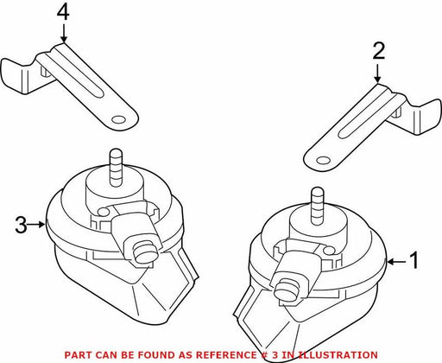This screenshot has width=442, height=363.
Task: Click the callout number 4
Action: (x=63, y=13)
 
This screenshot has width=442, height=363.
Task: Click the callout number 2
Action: (x=378, y=51)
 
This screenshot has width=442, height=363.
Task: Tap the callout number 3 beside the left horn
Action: (x=22, y=225)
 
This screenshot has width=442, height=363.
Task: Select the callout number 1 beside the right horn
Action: (x=414, y=260)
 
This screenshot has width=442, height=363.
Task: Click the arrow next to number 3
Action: (x=37, y=224)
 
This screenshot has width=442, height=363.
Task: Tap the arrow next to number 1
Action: (x=396, y=262)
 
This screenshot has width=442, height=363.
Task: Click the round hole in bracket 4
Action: (x=118, y=119)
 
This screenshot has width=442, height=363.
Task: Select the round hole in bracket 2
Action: (x=323, y=160)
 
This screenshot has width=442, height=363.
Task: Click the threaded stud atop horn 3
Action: (x=116, y=167)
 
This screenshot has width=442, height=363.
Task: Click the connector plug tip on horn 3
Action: (x=145, y=252)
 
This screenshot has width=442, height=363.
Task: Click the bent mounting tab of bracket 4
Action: (x=17, y=76)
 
